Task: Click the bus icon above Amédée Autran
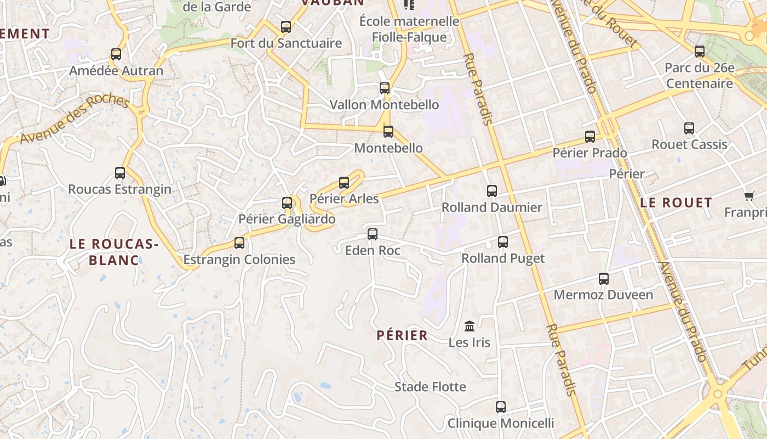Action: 116,54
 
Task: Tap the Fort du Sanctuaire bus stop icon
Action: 285,26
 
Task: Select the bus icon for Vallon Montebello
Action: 385,88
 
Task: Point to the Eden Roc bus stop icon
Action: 373,234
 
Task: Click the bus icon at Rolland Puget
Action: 502,241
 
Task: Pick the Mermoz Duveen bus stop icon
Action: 603,278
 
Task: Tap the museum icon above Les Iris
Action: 470,326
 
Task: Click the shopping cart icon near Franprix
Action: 749,196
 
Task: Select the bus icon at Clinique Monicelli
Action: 500,407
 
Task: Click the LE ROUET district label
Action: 676,202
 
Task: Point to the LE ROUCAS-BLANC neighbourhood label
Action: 114,252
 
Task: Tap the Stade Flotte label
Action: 430,387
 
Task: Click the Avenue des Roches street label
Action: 74,119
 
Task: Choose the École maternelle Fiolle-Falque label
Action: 409,29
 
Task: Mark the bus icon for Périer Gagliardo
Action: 287,202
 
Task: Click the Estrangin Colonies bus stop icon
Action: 239,243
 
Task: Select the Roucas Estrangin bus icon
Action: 120,172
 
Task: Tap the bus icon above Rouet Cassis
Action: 689,128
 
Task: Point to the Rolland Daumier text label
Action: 491,207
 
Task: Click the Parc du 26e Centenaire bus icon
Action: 700,52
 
